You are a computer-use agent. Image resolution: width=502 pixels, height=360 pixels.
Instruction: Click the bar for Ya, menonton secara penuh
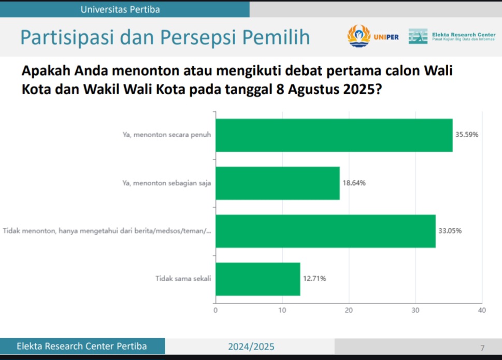[x=334, y=135]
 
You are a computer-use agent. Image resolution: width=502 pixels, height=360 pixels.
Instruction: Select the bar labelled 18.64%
[x=278, y=183]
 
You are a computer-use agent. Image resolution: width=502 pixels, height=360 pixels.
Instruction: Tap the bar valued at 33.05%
[x=325, y=231]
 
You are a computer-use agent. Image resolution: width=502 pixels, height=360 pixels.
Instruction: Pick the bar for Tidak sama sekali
[x=258, y=279]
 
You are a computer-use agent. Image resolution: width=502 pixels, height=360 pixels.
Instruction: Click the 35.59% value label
[x=467, y=135]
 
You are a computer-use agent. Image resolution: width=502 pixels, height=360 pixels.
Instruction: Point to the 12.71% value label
[x=314, y=279]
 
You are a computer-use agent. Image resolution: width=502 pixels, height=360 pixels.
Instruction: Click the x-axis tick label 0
[x=216, y=310]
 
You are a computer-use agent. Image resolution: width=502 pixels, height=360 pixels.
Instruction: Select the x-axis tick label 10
[x=282, y=310]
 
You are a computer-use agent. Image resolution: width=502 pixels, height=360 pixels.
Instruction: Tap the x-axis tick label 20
[x=349, y=310]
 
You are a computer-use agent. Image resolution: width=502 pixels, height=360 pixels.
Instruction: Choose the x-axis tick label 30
[x=415, y=310]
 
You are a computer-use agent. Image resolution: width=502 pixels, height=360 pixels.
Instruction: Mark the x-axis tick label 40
[x=482, y=310]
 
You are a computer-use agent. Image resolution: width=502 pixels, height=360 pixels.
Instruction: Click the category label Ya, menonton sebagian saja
[x=166, y=183]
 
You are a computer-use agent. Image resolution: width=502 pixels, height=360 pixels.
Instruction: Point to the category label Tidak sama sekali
[x=183, y=278]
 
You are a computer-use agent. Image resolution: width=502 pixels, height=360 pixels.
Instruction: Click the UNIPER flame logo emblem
[x=358, y=36]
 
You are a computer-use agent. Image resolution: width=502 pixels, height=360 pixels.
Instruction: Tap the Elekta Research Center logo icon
[x=418, y=36]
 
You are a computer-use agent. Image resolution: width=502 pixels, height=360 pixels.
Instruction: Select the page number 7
[x=482, y=348]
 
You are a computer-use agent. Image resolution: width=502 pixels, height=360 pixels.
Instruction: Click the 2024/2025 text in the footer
[x=251, y=347]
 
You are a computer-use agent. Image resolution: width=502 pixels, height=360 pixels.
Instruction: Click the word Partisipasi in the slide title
[x=67, y=37]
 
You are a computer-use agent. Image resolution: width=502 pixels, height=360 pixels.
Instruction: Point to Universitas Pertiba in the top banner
[x=120, y=10]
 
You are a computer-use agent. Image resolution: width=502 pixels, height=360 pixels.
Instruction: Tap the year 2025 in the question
[x=362, y=89]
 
